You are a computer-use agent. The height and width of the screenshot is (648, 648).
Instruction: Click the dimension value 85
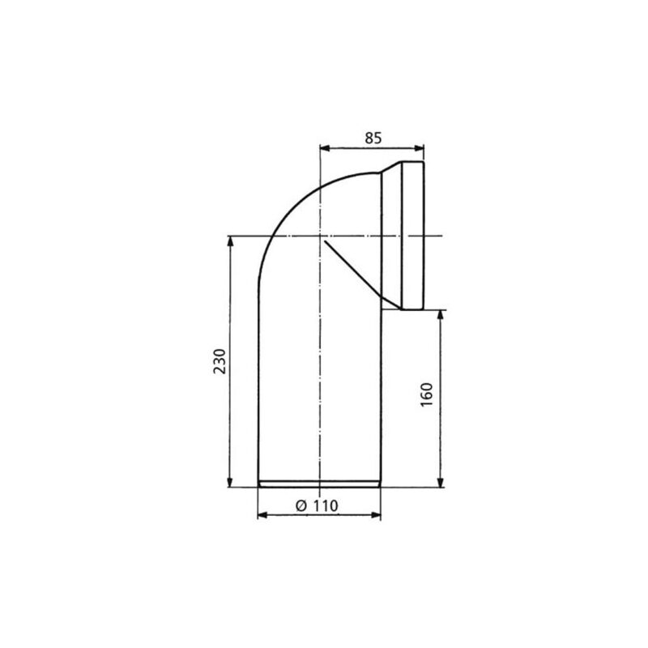coord(373,137)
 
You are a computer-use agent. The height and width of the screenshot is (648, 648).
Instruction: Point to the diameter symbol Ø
coord(300,504)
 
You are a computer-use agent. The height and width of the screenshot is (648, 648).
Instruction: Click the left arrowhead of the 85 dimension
coord(325,147)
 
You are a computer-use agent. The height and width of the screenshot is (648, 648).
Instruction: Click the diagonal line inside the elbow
coord(352,267)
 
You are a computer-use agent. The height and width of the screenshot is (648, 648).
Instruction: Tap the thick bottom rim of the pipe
coord(319,485)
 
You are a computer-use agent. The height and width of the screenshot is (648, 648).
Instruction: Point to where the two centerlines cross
coord(320,236)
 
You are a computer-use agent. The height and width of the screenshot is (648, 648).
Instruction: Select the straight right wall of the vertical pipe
coord(381,397)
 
